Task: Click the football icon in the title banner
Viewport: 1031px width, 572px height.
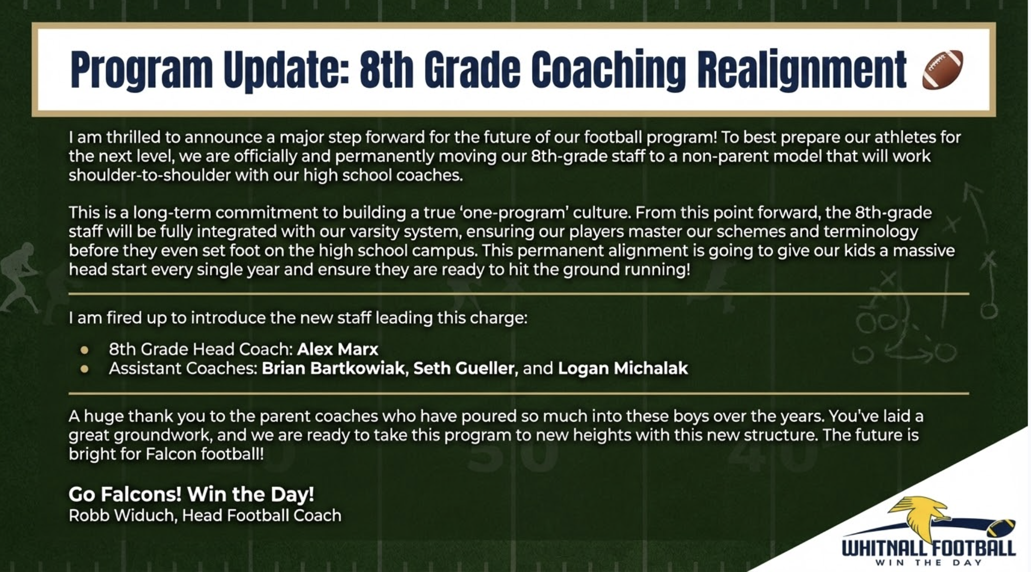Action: click(x=942, y=69)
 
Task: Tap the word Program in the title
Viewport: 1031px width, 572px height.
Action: click(x=142, y=70)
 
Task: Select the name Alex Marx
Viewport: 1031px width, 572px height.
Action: click(x=338, y=349)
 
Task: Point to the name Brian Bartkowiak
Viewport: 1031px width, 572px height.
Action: click(x=333, y=368)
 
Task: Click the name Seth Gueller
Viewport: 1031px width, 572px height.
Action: click(x=464, y=368)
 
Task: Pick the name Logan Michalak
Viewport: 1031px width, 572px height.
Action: click(x=623, y=368)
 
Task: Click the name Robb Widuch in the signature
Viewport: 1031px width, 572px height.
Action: click(x=122, y=515)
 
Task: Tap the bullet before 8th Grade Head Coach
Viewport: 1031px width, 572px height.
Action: click(x=85, y=350)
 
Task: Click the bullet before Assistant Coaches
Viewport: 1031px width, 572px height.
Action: click(x=85, y=369)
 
